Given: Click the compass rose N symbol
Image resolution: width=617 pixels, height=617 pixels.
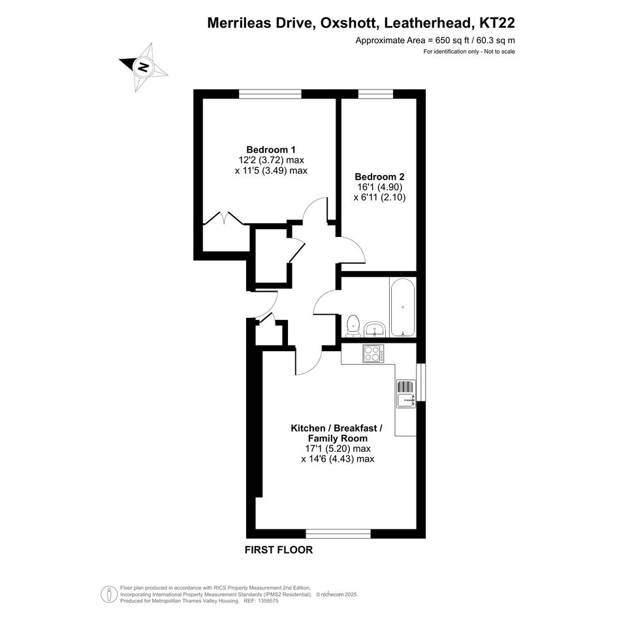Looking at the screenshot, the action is pyautogui.click(x=143, y=67).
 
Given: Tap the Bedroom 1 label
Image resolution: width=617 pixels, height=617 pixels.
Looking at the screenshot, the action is pyautogui.click(x=271, y=150).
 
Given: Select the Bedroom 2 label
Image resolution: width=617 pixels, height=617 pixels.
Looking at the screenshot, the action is pyautogui.click(x=379, y=177).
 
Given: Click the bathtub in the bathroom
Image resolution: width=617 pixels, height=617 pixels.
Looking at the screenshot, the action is pyautogui.click(x=403, y=307).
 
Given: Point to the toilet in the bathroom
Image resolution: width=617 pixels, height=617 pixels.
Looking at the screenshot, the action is pyautogui.click(x=353, y=326).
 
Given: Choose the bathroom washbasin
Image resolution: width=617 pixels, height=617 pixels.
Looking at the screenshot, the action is pyautogui.click(x=375, y=329).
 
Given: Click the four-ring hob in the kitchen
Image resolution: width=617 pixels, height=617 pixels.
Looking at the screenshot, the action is pyautogui.click(x=373, y=353).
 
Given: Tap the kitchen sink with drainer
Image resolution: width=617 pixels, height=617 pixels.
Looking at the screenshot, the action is pyautogui.click(x=405, y=394).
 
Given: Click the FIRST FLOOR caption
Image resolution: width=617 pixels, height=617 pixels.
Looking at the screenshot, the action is pyautogui.click(x=279, y=550).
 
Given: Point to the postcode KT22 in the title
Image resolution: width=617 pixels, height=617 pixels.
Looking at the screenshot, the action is pyautogui.click(x=497, y=23).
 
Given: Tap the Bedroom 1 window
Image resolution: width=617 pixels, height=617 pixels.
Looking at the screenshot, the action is pyautogui.click(x=271, y=94).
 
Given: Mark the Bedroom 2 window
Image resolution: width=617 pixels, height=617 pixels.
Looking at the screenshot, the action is pyautogui.click(x=375, y=94).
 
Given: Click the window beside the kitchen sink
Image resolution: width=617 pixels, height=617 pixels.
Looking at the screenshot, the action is pyautogui.click(x=421, y=382).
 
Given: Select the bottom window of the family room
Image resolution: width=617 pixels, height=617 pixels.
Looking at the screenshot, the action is pyautogui.click(x=338, y=533).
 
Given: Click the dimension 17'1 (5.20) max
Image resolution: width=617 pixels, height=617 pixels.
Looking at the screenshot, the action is pyautogui.click(x=338, y=449).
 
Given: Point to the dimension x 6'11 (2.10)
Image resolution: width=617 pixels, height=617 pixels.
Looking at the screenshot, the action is pyautogui.click(x=379, y=197).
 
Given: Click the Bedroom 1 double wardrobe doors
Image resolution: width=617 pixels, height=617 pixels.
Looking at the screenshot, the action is pyautogui.click(x=223, y=218).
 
